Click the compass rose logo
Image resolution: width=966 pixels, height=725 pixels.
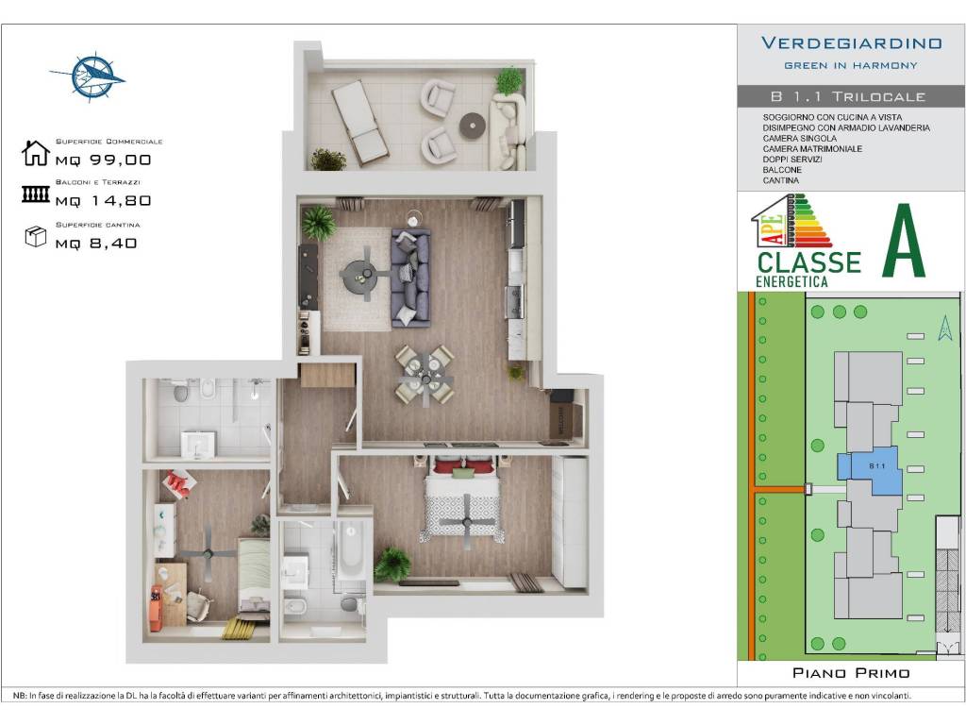tap(88, 76)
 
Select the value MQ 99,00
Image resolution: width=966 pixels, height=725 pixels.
tap(103, 160)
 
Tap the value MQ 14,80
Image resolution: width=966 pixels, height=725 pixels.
tap(103, 200)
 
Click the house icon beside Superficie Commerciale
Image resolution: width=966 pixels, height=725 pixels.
tap(36, 153)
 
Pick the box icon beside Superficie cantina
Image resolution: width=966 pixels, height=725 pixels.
tap(36, 236)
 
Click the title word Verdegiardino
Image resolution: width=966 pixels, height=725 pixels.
tap(851, 43)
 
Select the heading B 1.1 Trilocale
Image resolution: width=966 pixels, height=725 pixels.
tap(848, 96)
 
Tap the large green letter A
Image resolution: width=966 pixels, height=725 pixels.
tap(903, 241)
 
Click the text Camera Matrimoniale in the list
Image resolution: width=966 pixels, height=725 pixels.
tap(813, 149)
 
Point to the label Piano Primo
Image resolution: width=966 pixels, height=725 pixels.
tap(851, 673)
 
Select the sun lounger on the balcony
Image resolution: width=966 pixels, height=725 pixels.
tap(359, 122)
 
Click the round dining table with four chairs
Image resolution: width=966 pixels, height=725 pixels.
tap(425, 375)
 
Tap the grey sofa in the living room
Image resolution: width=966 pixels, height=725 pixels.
tap(411, 278)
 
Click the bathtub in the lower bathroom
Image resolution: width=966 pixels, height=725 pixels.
tap(351, 548)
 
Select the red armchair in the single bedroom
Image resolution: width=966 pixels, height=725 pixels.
tap(178, 484)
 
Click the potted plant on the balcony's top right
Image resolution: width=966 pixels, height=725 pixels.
tap(508, 80)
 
